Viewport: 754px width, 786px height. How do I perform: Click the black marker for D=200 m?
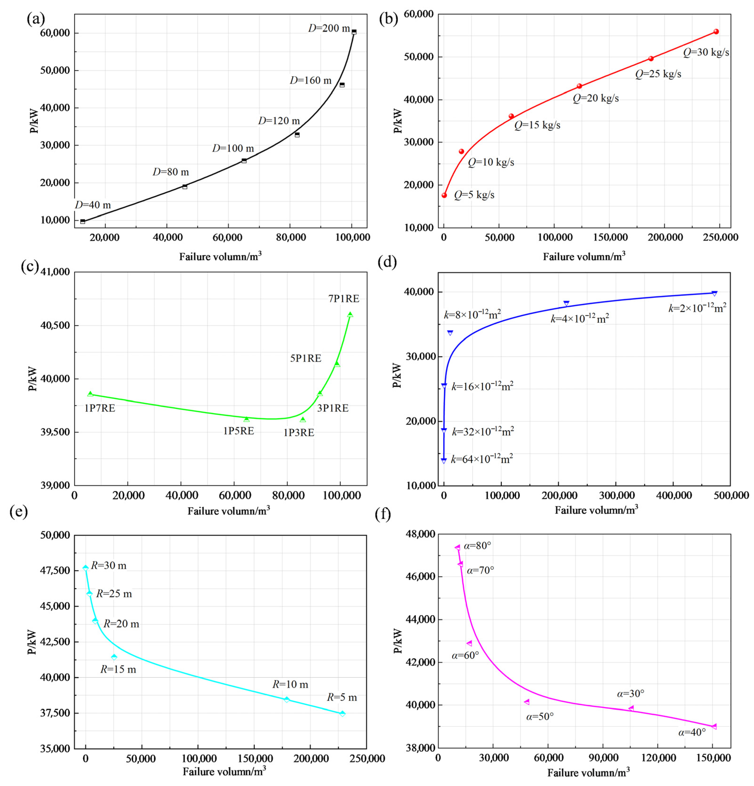[x=354, y=32]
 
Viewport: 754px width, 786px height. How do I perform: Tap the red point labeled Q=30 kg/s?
[x=716, y=32]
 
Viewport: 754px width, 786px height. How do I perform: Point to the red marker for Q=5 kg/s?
[x=444, y=195]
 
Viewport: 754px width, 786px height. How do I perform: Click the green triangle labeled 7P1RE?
[x=350, y=315]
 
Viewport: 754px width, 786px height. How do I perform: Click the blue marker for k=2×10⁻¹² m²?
[x=714, y=293]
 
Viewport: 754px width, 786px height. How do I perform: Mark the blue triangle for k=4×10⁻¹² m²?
[x=566, y=304]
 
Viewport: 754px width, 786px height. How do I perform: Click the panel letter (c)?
[x=30, y=267]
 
